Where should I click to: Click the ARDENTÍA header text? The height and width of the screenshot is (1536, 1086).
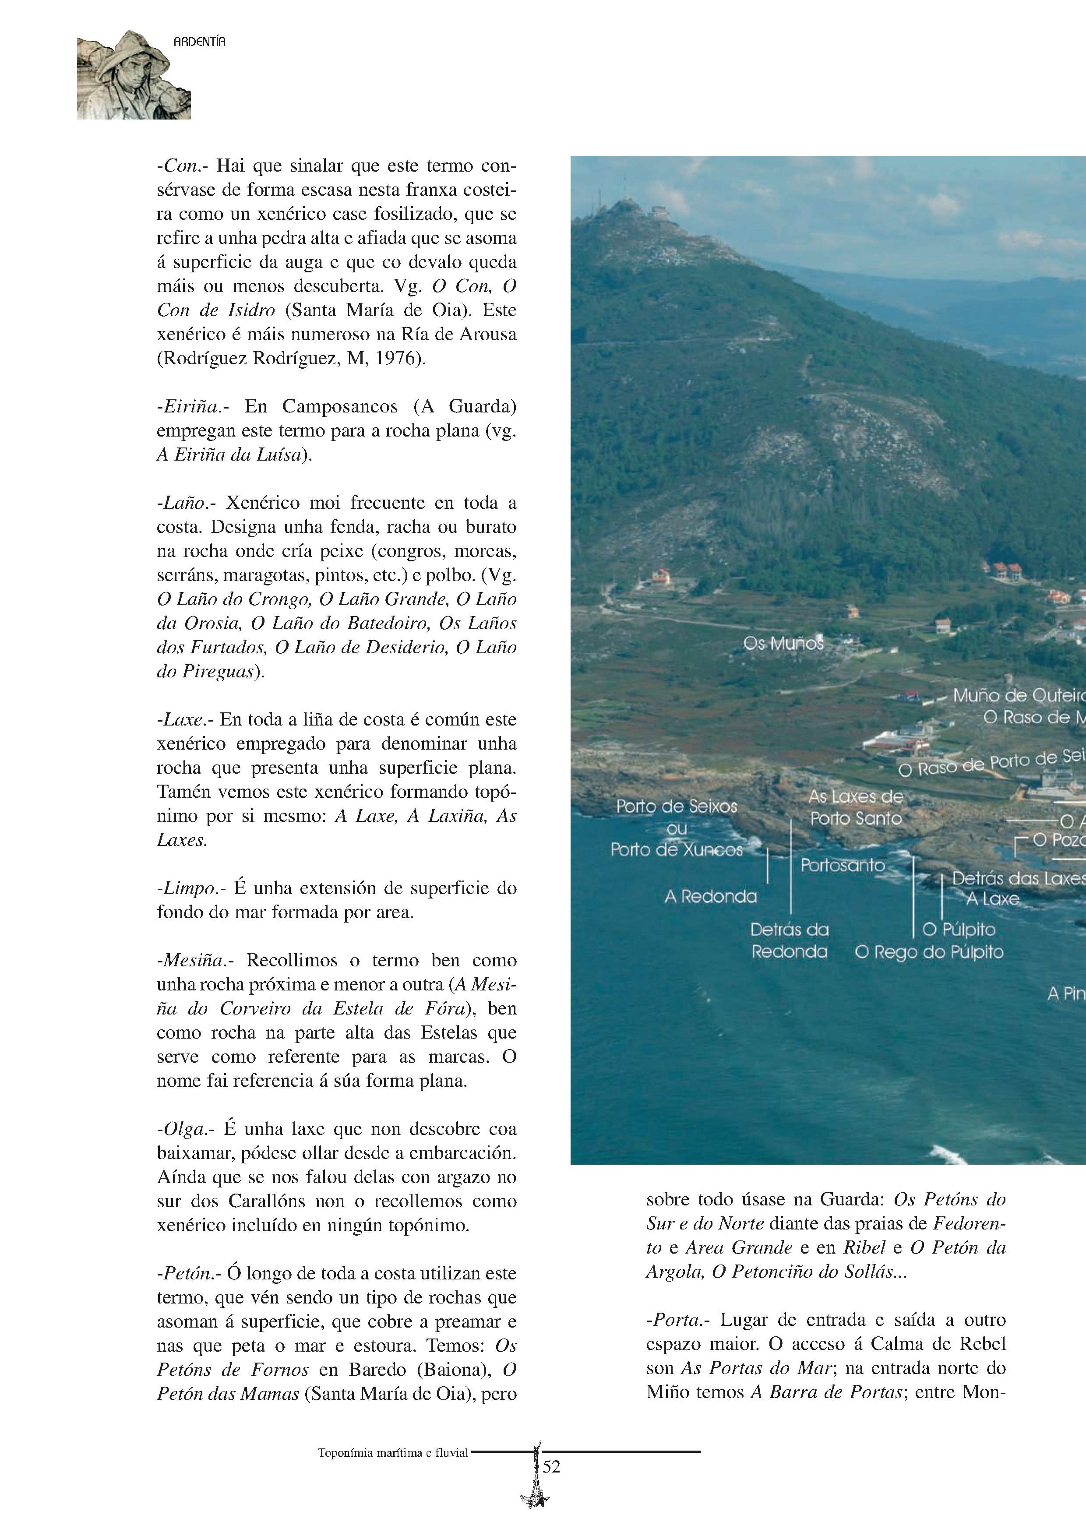coord(199,42)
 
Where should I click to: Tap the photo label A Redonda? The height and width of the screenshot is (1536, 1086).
coord(711,896)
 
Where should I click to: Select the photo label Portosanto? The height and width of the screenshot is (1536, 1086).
coord(843,865)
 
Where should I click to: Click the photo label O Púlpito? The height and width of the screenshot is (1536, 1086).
coord(958,929)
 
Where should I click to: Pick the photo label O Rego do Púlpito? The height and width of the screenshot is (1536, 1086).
coord(929,952)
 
